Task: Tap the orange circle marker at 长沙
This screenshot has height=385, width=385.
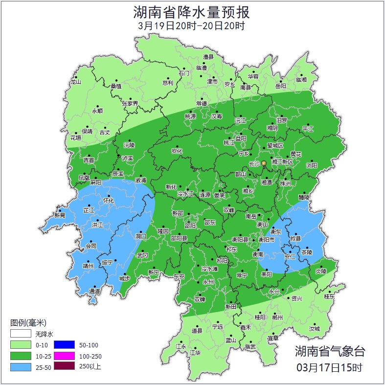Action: pyautogui.click(x=264, y=163)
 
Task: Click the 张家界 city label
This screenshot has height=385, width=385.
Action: pyautogui.click(x=130, y=104)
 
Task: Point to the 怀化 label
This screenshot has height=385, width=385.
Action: pyautogui.click(x=109, y=201)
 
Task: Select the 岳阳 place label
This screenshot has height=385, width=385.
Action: pyautogui.click(x=280, y=86)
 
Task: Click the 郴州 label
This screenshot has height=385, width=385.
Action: pyautogui.click(x=277, y=317)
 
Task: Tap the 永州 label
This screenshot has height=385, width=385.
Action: pyautogui.click(x=208, y=282)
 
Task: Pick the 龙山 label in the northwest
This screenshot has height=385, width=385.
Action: pyautogui.click(x=75, y=82)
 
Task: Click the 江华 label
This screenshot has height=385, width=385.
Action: pyautogui.click(x=195, y=352)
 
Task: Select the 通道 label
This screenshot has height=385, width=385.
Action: pyautogui.click(x=94, y=291)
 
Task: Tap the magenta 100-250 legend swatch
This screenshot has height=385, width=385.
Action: pyautogui.click(x=64, y=356)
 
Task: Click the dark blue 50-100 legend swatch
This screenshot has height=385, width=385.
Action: pyautogui.click(x=64, y=345)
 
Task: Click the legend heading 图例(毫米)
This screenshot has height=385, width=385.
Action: pyautogui.click(x=28, y=323)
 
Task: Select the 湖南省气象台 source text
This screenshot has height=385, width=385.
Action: pyautogui.click(x=329, y=351)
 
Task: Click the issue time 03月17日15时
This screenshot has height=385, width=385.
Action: pyautogui.click(x=329, y=366)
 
